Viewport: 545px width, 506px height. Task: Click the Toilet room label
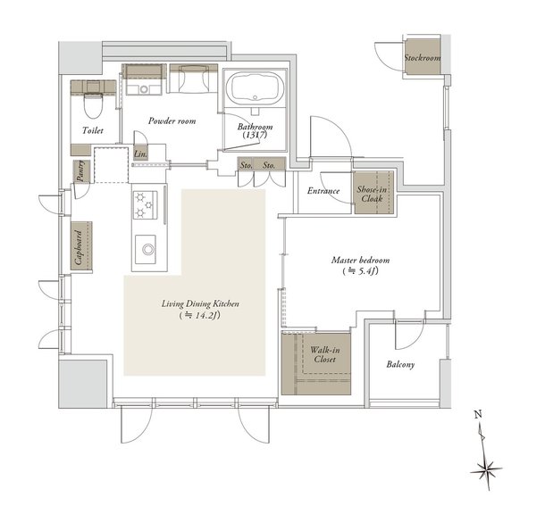coord(93,130)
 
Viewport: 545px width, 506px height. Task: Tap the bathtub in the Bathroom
coord(256,88)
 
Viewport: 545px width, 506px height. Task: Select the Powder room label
coord(172,120)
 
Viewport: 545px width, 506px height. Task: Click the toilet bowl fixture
coord(93,104)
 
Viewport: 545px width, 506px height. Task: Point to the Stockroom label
coord(423,58)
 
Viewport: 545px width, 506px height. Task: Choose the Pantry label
coord(80,170)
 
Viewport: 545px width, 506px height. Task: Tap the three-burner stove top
coord(145,205)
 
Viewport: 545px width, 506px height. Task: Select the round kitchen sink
coord(148,249)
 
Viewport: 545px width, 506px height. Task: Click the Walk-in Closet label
coord(325,354)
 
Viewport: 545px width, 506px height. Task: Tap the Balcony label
coord(400,364)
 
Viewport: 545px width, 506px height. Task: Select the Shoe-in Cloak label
coord(372,195)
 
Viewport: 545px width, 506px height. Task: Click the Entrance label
coord(323,191)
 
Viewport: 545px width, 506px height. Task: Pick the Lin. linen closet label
coord(140,154)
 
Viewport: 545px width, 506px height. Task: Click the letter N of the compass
coord(478,414)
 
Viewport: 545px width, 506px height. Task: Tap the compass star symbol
coord(486,470)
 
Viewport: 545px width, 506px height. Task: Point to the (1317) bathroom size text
coord(256,135)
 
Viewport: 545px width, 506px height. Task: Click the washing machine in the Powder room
coord(144,80)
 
